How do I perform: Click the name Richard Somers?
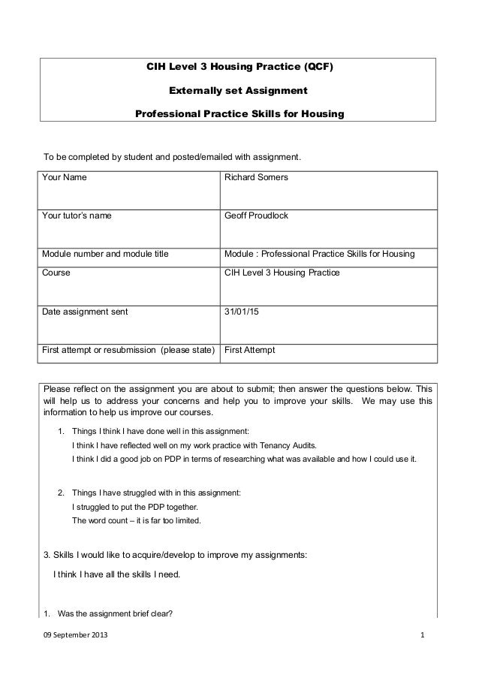click(256, 178)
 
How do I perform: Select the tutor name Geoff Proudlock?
click(257, 216)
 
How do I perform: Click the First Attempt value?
click(250, 351)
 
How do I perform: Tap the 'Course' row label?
click(56, 273)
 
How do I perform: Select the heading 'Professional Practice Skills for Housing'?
click(239, 115)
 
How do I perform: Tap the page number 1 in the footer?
click(423, 637)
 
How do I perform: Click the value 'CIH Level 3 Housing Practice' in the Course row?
click(282, 273)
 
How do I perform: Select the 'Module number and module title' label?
click(105, 255)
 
